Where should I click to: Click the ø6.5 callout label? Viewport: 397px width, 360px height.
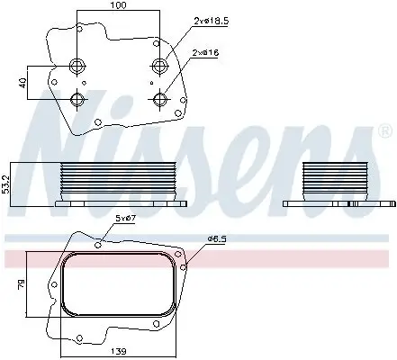tap(218, 238)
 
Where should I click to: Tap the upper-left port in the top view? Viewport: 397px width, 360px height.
tap(77, 65)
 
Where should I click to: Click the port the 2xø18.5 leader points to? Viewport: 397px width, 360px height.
tap(160, 65)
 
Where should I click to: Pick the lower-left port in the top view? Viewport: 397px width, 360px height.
tap(77, 98)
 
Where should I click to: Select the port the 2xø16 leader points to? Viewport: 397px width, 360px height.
tap(160, 98)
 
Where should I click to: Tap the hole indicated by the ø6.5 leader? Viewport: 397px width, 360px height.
tap(183, 265)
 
